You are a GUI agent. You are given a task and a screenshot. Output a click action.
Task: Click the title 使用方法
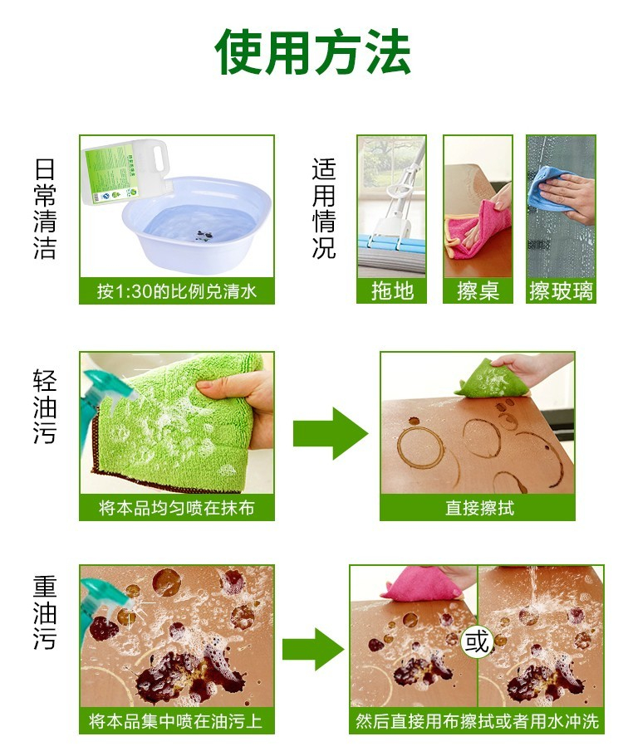pyautogui.click(x=312, y=51)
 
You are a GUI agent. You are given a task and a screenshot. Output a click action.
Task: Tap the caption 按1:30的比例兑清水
pyautogui.click(x=176, y=290)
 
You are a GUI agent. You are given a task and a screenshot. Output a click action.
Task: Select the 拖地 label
pyautogui.click(x=392, y=290)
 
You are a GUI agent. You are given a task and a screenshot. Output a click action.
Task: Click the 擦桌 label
pyautogui.click(x=478, y=290)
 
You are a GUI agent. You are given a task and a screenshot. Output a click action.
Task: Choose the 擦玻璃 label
pyautogui.click(x=561, y=290)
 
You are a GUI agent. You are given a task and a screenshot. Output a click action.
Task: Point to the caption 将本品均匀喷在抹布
pyautogui.click(x=176, y=508)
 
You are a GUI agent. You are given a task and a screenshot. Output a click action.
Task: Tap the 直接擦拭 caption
pyautogui.click(x=479, y=508)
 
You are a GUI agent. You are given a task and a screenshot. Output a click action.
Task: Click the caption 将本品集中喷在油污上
pyautogui.click(x=176, y=721)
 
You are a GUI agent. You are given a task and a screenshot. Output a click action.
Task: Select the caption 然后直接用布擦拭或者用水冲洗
pyautogui.click(x=477, y=721)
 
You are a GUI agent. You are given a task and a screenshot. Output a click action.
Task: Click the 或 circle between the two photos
pyautogui.click(x=477, y=641)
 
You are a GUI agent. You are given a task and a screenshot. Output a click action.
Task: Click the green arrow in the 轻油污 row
pyautogui.click(x=331, y=433)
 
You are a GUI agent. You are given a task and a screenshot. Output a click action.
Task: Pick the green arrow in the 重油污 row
pyautogui.click(x=313, y=649)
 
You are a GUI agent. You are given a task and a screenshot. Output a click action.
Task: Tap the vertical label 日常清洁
pyautogui.click(x=45, y=208)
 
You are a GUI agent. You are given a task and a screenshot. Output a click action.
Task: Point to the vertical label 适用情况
pyautogui.click(x=324, y=208)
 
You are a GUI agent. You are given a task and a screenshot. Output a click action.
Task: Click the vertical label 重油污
pyautogui.click(x=45, y=612)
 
